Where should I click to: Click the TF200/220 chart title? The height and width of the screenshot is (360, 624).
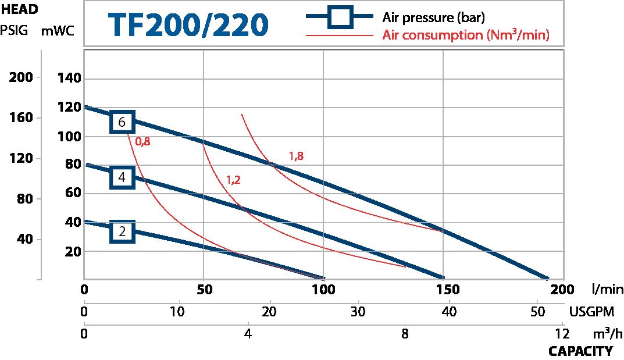click(188, 24)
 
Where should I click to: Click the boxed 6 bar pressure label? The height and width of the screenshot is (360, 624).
click(122, 122)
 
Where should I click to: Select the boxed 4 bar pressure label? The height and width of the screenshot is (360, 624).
click(122, 177)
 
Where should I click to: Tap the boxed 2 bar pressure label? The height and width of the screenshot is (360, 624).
click(122, 231)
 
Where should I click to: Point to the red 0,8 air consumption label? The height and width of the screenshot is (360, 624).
click(142, 141)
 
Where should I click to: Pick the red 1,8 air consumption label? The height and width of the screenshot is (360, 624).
click(296, 156)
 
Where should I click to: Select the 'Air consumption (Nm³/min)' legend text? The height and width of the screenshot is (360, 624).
click(466, 35)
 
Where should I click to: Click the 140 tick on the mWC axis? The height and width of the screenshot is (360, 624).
click(70, 79)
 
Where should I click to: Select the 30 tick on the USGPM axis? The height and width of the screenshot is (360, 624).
click(358, 312)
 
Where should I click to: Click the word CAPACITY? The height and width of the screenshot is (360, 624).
click(580, 351)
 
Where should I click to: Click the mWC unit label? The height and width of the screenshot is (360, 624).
click(56, 31)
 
